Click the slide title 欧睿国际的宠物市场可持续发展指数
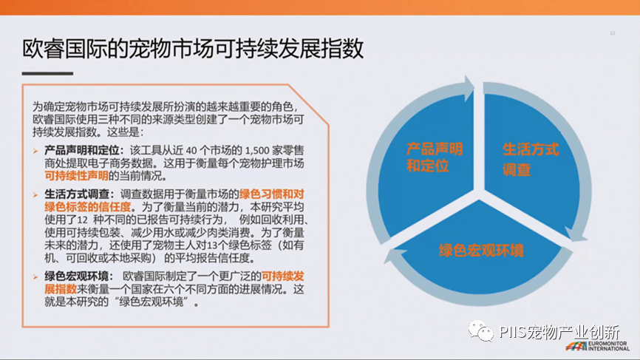click(x=193, y=50)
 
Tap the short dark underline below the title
click(x=47, y=73)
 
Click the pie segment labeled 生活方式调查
click(x=531, y=163)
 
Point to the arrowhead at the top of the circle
click(x=469, y=87)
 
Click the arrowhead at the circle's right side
click(x=576, y=234)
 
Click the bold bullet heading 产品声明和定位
click(x=81, y=151)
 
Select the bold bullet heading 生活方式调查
click(x=77, y=194)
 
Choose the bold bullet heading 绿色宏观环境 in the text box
click(x=77, y=276)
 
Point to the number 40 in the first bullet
click(x=191, y=151)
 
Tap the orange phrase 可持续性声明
click(x=76, y=176)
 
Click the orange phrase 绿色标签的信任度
click(x=88, y=207)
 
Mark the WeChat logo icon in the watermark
click(x=481, y=331)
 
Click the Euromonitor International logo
click(x=598, y=346)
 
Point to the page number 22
click(x=612, y=33)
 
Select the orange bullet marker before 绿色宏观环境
click(x=35, y=277)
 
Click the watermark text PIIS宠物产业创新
click(x=559, y=332)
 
